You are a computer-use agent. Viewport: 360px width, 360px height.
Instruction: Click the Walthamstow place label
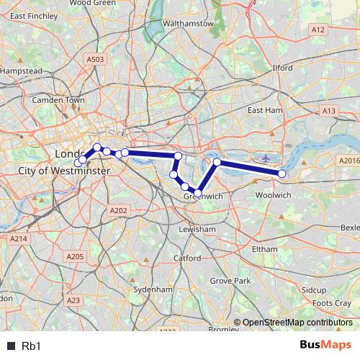189,23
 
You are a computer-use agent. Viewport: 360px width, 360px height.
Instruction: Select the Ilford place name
283,68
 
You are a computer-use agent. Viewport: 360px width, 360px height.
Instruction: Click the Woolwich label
273,195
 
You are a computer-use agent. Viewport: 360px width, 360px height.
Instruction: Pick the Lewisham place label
198,228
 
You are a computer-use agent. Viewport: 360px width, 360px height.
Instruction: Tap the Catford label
187,257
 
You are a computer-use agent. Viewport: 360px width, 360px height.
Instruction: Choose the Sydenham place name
153,289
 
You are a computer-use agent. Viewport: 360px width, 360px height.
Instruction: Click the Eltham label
265,248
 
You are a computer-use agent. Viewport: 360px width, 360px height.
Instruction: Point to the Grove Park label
230,280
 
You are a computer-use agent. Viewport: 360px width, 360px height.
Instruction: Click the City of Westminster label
63,171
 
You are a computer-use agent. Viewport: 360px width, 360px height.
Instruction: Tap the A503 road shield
94,60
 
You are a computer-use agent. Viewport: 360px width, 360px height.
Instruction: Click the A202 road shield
119,210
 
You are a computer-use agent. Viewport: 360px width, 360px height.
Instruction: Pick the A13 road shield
329,110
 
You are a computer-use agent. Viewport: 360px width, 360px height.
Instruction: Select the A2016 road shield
348,161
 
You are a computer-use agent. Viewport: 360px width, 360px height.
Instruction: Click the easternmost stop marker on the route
282,174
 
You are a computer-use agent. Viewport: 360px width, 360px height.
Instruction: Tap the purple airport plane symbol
266,157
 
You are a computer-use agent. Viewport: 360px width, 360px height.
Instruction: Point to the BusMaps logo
325,345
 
